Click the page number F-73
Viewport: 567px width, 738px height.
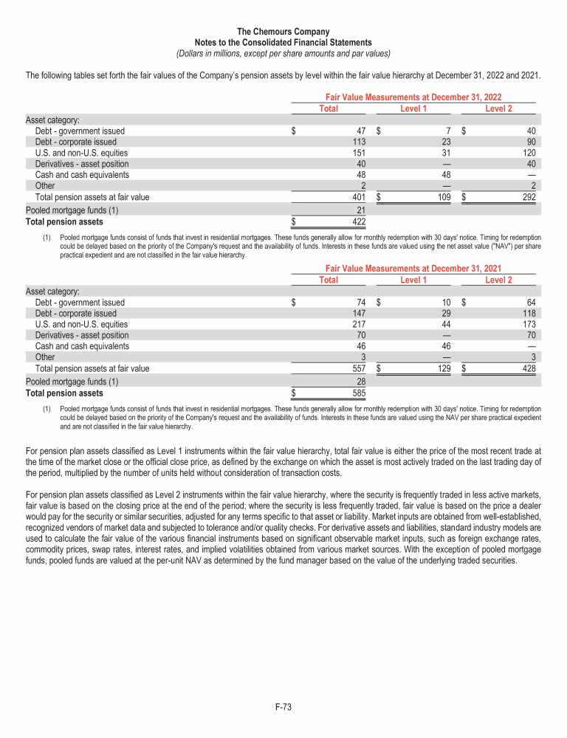(283, 708)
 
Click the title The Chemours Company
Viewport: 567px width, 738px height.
(283, 32)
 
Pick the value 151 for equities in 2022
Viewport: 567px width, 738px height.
(360, 153)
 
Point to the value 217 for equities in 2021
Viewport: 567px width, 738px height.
(360, 324)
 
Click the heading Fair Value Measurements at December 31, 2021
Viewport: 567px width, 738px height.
(413, 269)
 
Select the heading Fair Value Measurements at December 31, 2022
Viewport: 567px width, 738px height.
(413, 97)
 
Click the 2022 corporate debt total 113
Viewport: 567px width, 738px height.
(360, 142)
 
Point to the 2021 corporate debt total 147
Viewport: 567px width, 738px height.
(360, 313)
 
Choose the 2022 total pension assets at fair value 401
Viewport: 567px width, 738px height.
(360, 197)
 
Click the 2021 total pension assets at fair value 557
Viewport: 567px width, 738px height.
(360, 368)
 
